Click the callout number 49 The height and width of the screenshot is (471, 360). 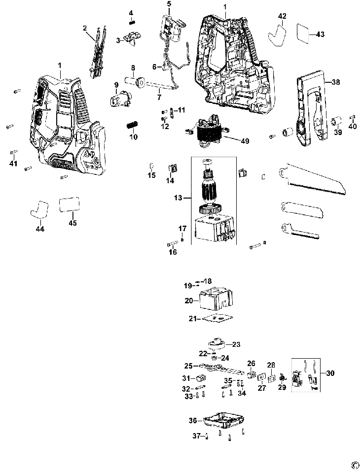[x=245, y=140]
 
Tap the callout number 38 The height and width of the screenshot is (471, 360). [x=336, y=82]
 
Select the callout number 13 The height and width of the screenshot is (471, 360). [x=178, y=198]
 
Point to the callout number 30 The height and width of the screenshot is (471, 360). [x=330, y=373]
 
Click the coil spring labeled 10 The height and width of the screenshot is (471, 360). [x=132, y=125]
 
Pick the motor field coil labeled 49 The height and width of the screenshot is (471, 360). [x=207, y=131]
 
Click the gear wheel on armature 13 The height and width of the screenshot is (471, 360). [x=210, y=209]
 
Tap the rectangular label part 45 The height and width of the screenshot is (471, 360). [x=70, y=204]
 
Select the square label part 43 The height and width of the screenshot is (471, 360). [x=303, y=34]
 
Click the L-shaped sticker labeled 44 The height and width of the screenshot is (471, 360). [x=39, y=209]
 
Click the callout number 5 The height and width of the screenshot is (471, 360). [x=169, y=4]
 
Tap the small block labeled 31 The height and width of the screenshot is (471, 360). [x=200, y=377]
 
